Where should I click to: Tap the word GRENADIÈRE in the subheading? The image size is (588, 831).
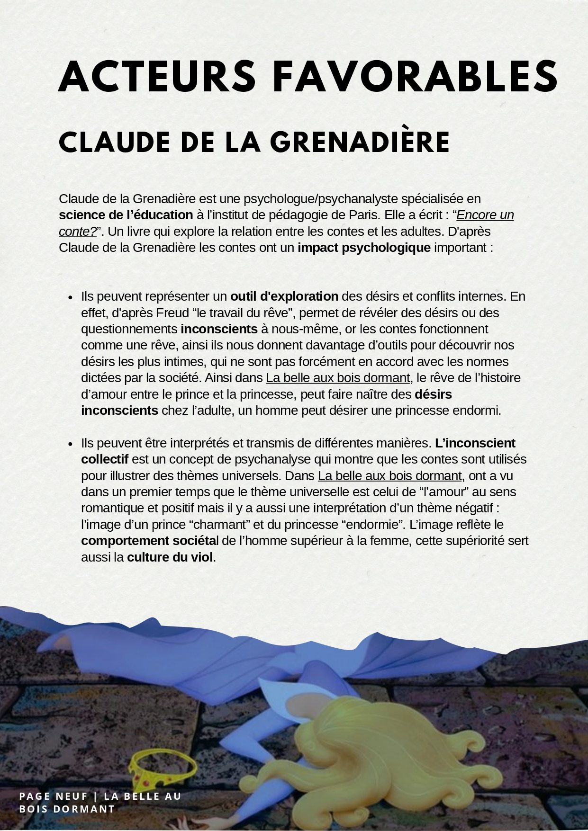tap(360, 142)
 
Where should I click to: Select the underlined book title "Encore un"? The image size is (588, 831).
tap(485, 215)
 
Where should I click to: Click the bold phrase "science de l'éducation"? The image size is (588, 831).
tap(126, 215)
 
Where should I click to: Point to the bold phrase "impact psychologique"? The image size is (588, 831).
tap(364, 248)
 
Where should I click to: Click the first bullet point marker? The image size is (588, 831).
tap(70, 298)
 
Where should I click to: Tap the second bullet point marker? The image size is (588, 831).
tap(70, 444)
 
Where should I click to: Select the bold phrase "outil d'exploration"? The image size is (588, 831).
tap(284, 296)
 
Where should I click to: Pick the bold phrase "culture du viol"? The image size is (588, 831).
tap(170, 557)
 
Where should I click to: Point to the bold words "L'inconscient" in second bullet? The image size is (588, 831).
tap(475, 443)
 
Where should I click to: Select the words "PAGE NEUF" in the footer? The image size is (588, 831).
tap(53, 796)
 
